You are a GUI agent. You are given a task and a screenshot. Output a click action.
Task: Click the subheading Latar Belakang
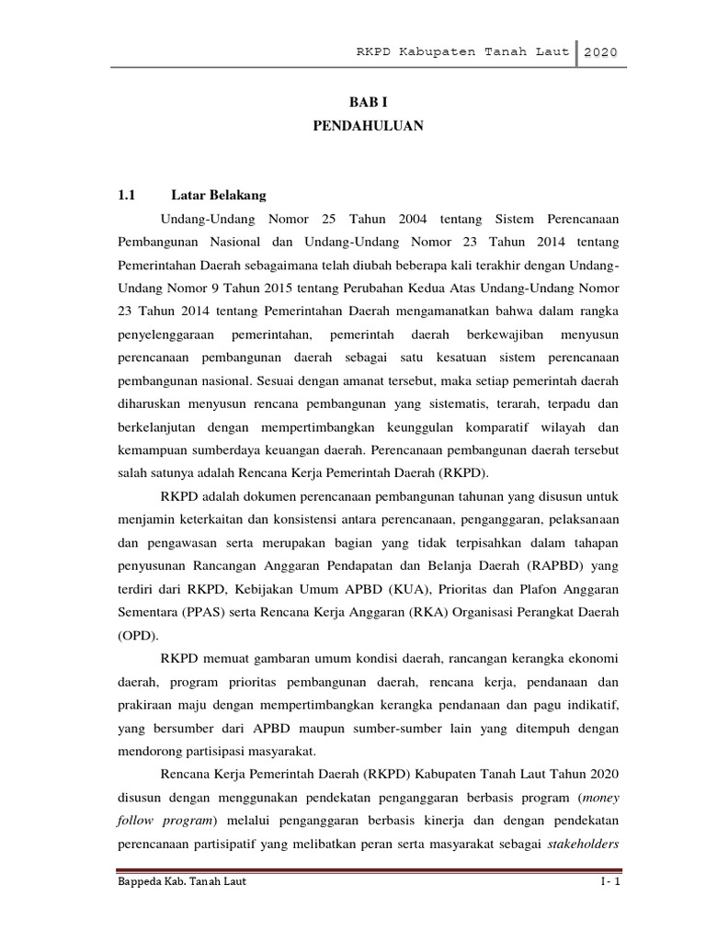tap(218, 195)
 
